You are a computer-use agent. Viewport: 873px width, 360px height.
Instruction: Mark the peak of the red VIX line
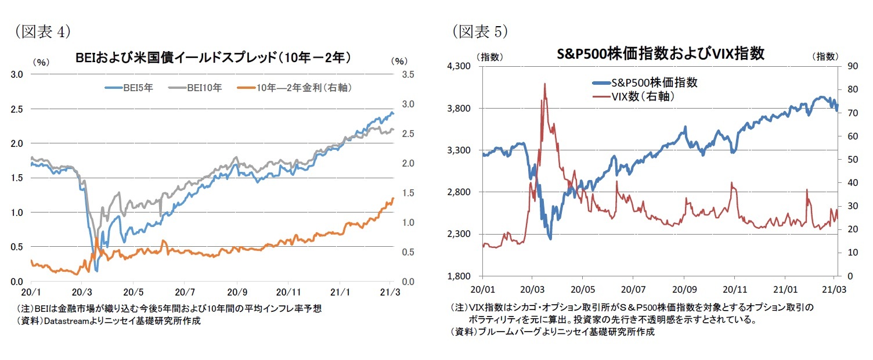[544, 84]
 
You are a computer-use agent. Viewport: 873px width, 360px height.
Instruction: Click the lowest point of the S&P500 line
[550, 239]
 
